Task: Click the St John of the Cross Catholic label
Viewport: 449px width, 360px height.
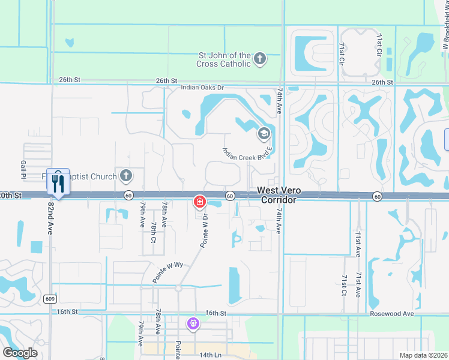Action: (224, 59)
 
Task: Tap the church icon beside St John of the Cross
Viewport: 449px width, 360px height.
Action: (259, 59)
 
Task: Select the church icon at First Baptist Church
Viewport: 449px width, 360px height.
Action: (125, 176)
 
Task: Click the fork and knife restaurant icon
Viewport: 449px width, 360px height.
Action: (58, 183)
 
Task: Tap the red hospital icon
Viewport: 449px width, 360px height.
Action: (199, 202)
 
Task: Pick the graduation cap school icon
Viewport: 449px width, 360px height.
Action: (264, 133)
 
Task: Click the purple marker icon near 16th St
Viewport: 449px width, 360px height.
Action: (193, 325)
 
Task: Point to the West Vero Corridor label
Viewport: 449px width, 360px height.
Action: (278, 194)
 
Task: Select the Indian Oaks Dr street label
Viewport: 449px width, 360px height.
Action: (202, 88)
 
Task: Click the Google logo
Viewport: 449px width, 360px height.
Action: (20, 352)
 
